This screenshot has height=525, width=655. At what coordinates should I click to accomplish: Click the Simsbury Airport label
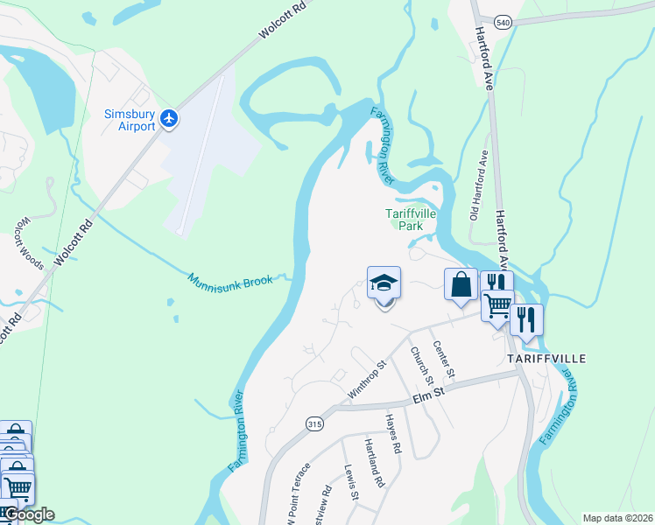[x=130, y=120]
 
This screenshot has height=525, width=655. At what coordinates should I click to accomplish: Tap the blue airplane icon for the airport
[x=169, y=118]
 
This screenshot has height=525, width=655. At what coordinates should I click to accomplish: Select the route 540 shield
[x=502, y=21]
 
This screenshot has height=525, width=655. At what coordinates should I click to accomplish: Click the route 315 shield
[x=313, y=423]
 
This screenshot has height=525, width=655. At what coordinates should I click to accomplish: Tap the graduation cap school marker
[x=384, y=283]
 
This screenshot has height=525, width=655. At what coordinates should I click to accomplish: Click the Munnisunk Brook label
[x=231, y=280]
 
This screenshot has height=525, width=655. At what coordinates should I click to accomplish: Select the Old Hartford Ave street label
[x=478, y=183]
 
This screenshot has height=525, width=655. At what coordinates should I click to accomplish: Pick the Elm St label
[x=429, y=399]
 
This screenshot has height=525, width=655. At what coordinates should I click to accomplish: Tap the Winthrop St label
[x=368, y=381]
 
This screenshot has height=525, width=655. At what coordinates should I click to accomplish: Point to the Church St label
[x=422, y=365]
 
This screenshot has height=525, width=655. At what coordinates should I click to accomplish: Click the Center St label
[x=444, y=360]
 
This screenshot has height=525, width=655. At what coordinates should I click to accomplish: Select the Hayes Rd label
[x=393, y=433]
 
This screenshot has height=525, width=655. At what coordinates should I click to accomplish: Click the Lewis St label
[x=350, y=482]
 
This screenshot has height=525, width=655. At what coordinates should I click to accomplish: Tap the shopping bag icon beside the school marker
[x=461, y=284]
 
